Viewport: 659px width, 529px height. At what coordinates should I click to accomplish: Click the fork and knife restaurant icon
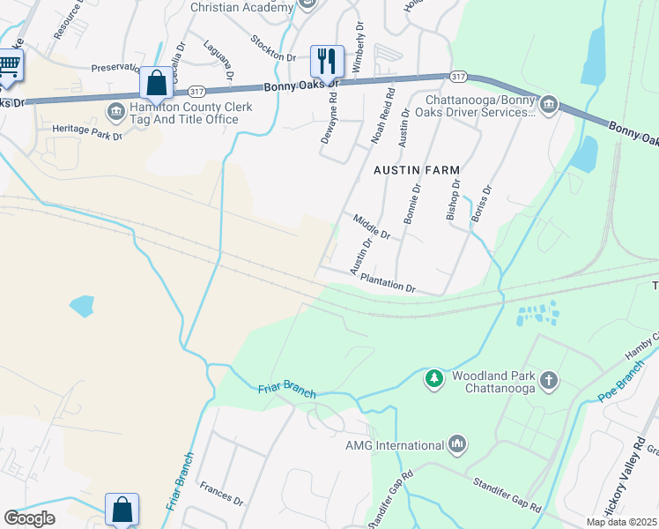click(327, 62)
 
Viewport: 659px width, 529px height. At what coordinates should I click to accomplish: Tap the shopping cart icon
click(9, 67)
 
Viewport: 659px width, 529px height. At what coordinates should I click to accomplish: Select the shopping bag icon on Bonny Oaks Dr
click(156, 85)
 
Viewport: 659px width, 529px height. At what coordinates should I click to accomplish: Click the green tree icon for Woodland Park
click(433, 379)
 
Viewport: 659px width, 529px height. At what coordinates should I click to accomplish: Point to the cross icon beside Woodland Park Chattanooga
click(548, 380)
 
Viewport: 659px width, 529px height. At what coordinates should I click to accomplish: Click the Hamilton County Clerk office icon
click(116, 111)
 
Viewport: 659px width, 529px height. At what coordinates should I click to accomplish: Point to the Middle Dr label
click(371, 227)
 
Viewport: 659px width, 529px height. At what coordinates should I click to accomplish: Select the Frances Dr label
click(221, 493)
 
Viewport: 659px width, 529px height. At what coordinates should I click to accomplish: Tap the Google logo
click(29, 518)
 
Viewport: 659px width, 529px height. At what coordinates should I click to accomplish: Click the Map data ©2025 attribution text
click(621, 522)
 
